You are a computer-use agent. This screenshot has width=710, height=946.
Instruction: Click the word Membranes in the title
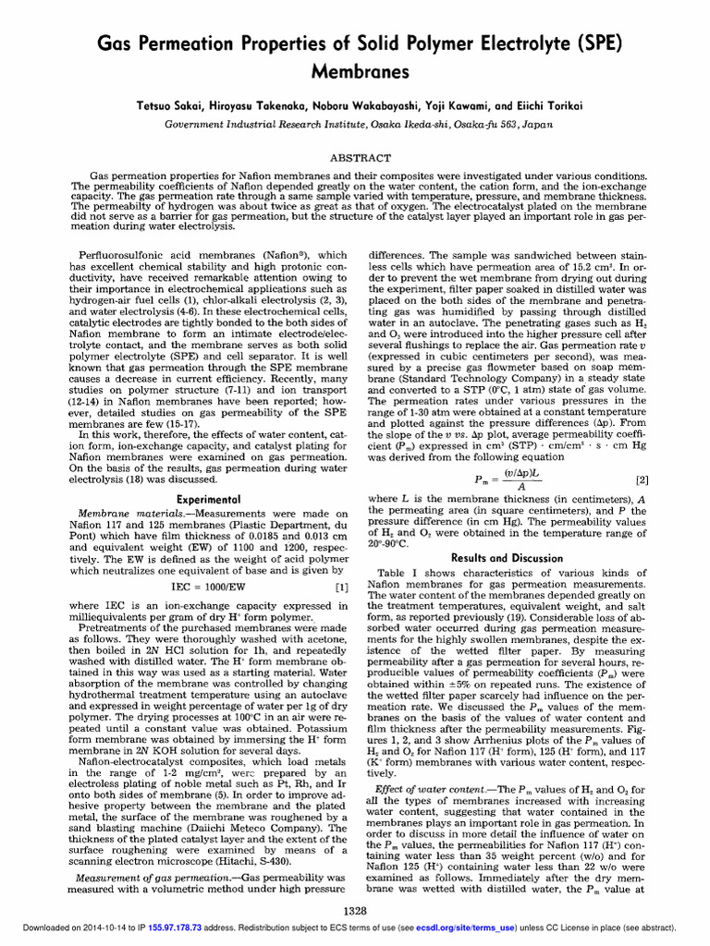pyautogui.click(x=355, y=71)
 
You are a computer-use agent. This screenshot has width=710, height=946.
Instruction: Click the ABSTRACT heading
pyautogui.click(x=355, y=158)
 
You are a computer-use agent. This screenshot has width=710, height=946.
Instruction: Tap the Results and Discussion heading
pyautogui.click(x=507, y=558)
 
